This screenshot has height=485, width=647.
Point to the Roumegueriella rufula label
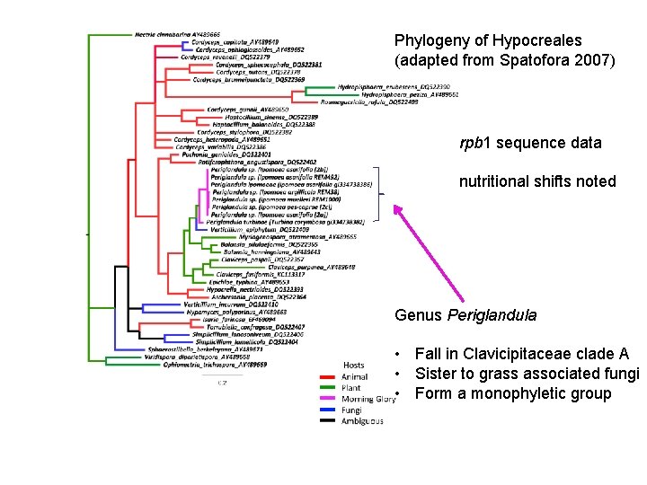coord(380,101)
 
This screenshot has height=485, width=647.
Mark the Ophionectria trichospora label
coord(210,364)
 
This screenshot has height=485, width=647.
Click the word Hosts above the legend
coord(354,366)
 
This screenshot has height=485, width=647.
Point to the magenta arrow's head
coord(396,210)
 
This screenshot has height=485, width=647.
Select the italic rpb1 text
coord(473,143)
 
